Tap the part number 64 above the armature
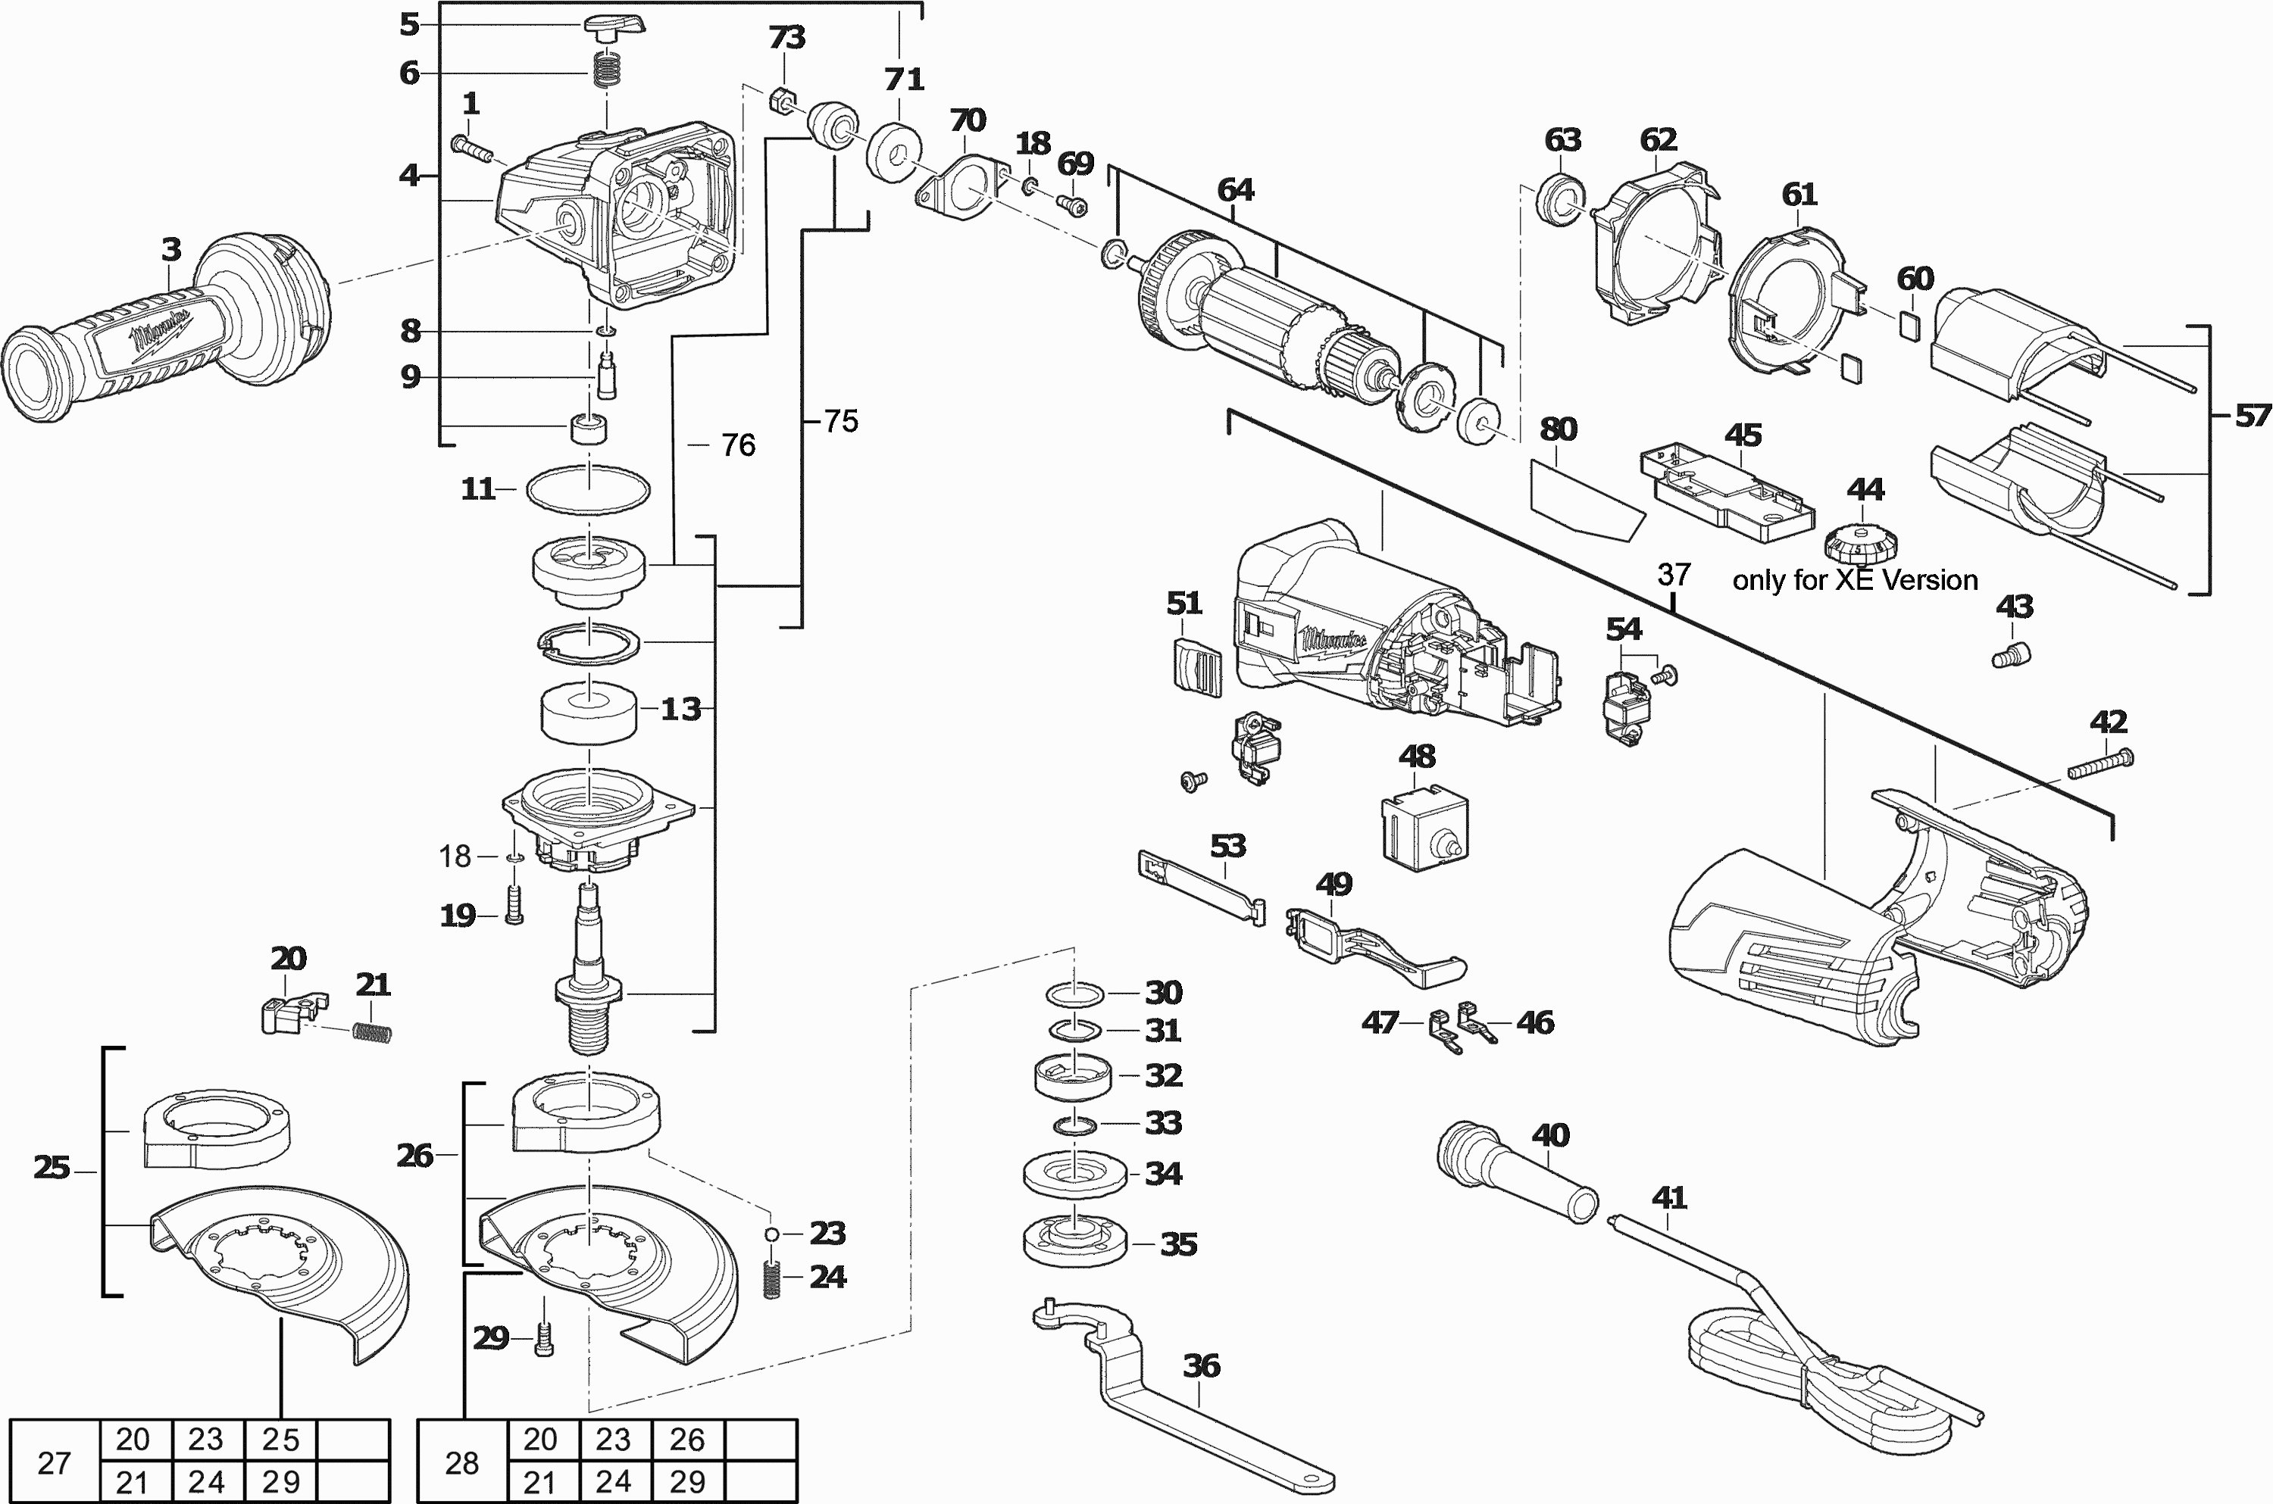coord(1235,190)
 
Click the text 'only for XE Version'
coord(1855,580)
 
